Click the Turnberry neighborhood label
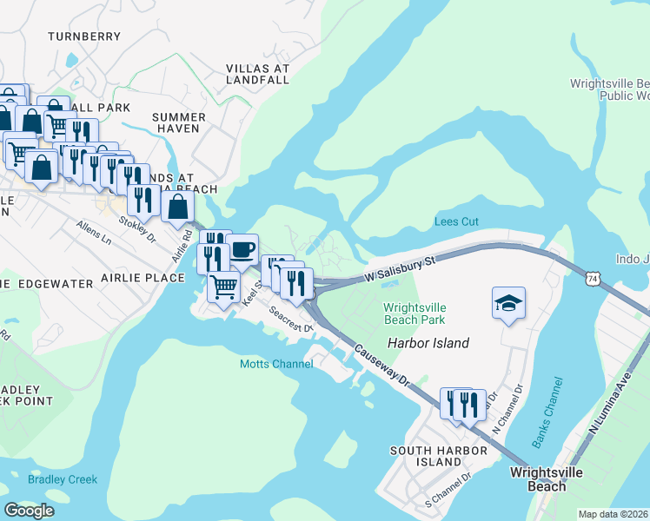pos(84,36)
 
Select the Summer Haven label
pos(179,122)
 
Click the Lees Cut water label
pos(456,222)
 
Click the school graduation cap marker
pos(509,303)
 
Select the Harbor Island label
pos(428,343)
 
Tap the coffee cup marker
pos(242,249)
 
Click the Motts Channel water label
pos(276,364)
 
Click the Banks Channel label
pos(547,413)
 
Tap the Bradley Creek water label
pos(63,479)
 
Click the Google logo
pos(29,511)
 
